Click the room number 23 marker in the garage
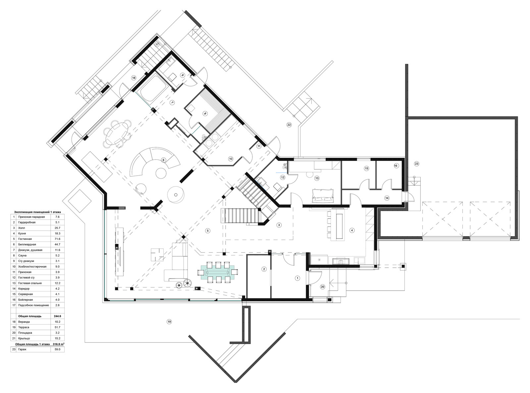[416, 164]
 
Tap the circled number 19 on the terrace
[169, 322]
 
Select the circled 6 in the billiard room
[163, 160]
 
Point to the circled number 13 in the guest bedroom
[317, 178]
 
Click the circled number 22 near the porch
[289, 125]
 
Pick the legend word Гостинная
[25, 239]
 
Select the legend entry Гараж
[22, 349]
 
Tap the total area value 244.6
[57, 316]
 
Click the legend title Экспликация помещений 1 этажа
[37, 212]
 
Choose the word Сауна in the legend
[22, 255]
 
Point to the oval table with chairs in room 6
[117, 133]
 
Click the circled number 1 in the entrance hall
[297, 278]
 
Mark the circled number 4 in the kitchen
[352, 230]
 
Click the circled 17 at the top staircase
[157, 45]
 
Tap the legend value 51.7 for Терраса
[57, 327]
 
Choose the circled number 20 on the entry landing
[323, 287]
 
